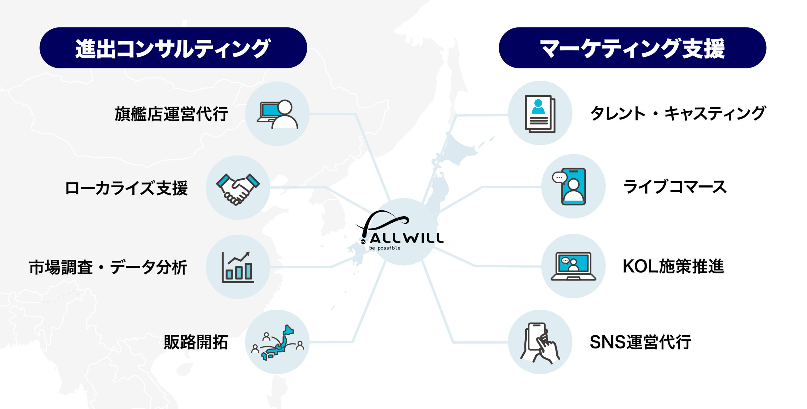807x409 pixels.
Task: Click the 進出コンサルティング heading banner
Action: [x=173, y=48]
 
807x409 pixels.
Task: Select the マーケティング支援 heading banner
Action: [x=632, y=48]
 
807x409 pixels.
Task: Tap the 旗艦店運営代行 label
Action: [x=171, y=114]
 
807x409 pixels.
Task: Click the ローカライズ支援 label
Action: [x=126, y=188]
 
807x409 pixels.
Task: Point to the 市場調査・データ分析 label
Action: [x=108, y=267]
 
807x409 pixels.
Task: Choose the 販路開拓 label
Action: [x=196, y=342]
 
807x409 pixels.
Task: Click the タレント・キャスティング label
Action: [x=677, y=113]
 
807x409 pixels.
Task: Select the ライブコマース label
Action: [x=675, y=187]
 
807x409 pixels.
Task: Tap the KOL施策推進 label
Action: [x=673, y=266]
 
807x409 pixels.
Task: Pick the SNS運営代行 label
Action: [x=640, y=342]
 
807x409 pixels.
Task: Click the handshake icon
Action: [x=238, y=188]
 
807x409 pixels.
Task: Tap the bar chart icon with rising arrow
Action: [x=238, y=267]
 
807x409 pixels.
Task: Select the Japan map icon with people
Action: [x=277, y=342]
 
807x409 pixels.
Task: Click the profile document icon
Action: [x=540, y=114]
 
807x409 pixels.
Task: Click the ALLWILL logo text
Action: [x=407, y=238]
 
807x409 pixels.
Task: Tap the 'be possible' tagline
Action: [x=385, y=248]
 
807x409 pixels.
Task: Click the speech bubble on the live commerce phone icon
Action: [x=560, y=178]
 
